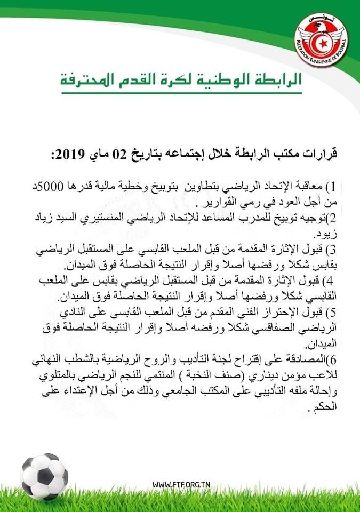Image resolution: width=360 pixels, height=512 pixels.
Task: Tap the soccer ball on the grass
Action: pos(44,476)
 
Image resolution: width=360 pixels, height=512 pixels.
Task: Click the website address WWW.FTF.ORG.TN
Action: pos(181,484)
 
